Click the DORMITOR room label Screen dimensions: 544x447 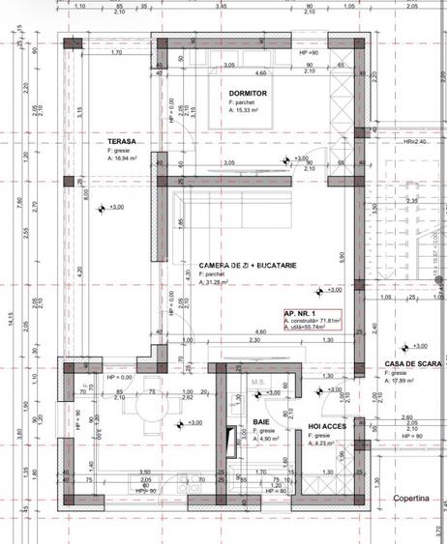[x=248, y=93]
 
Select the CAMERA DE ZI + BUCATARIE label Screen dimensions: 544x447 [x=247, y=265]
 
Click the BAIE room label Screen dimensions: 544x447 [x=261, y=422]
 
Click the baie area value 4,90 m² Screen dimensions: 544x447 [x=265, y=440]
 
